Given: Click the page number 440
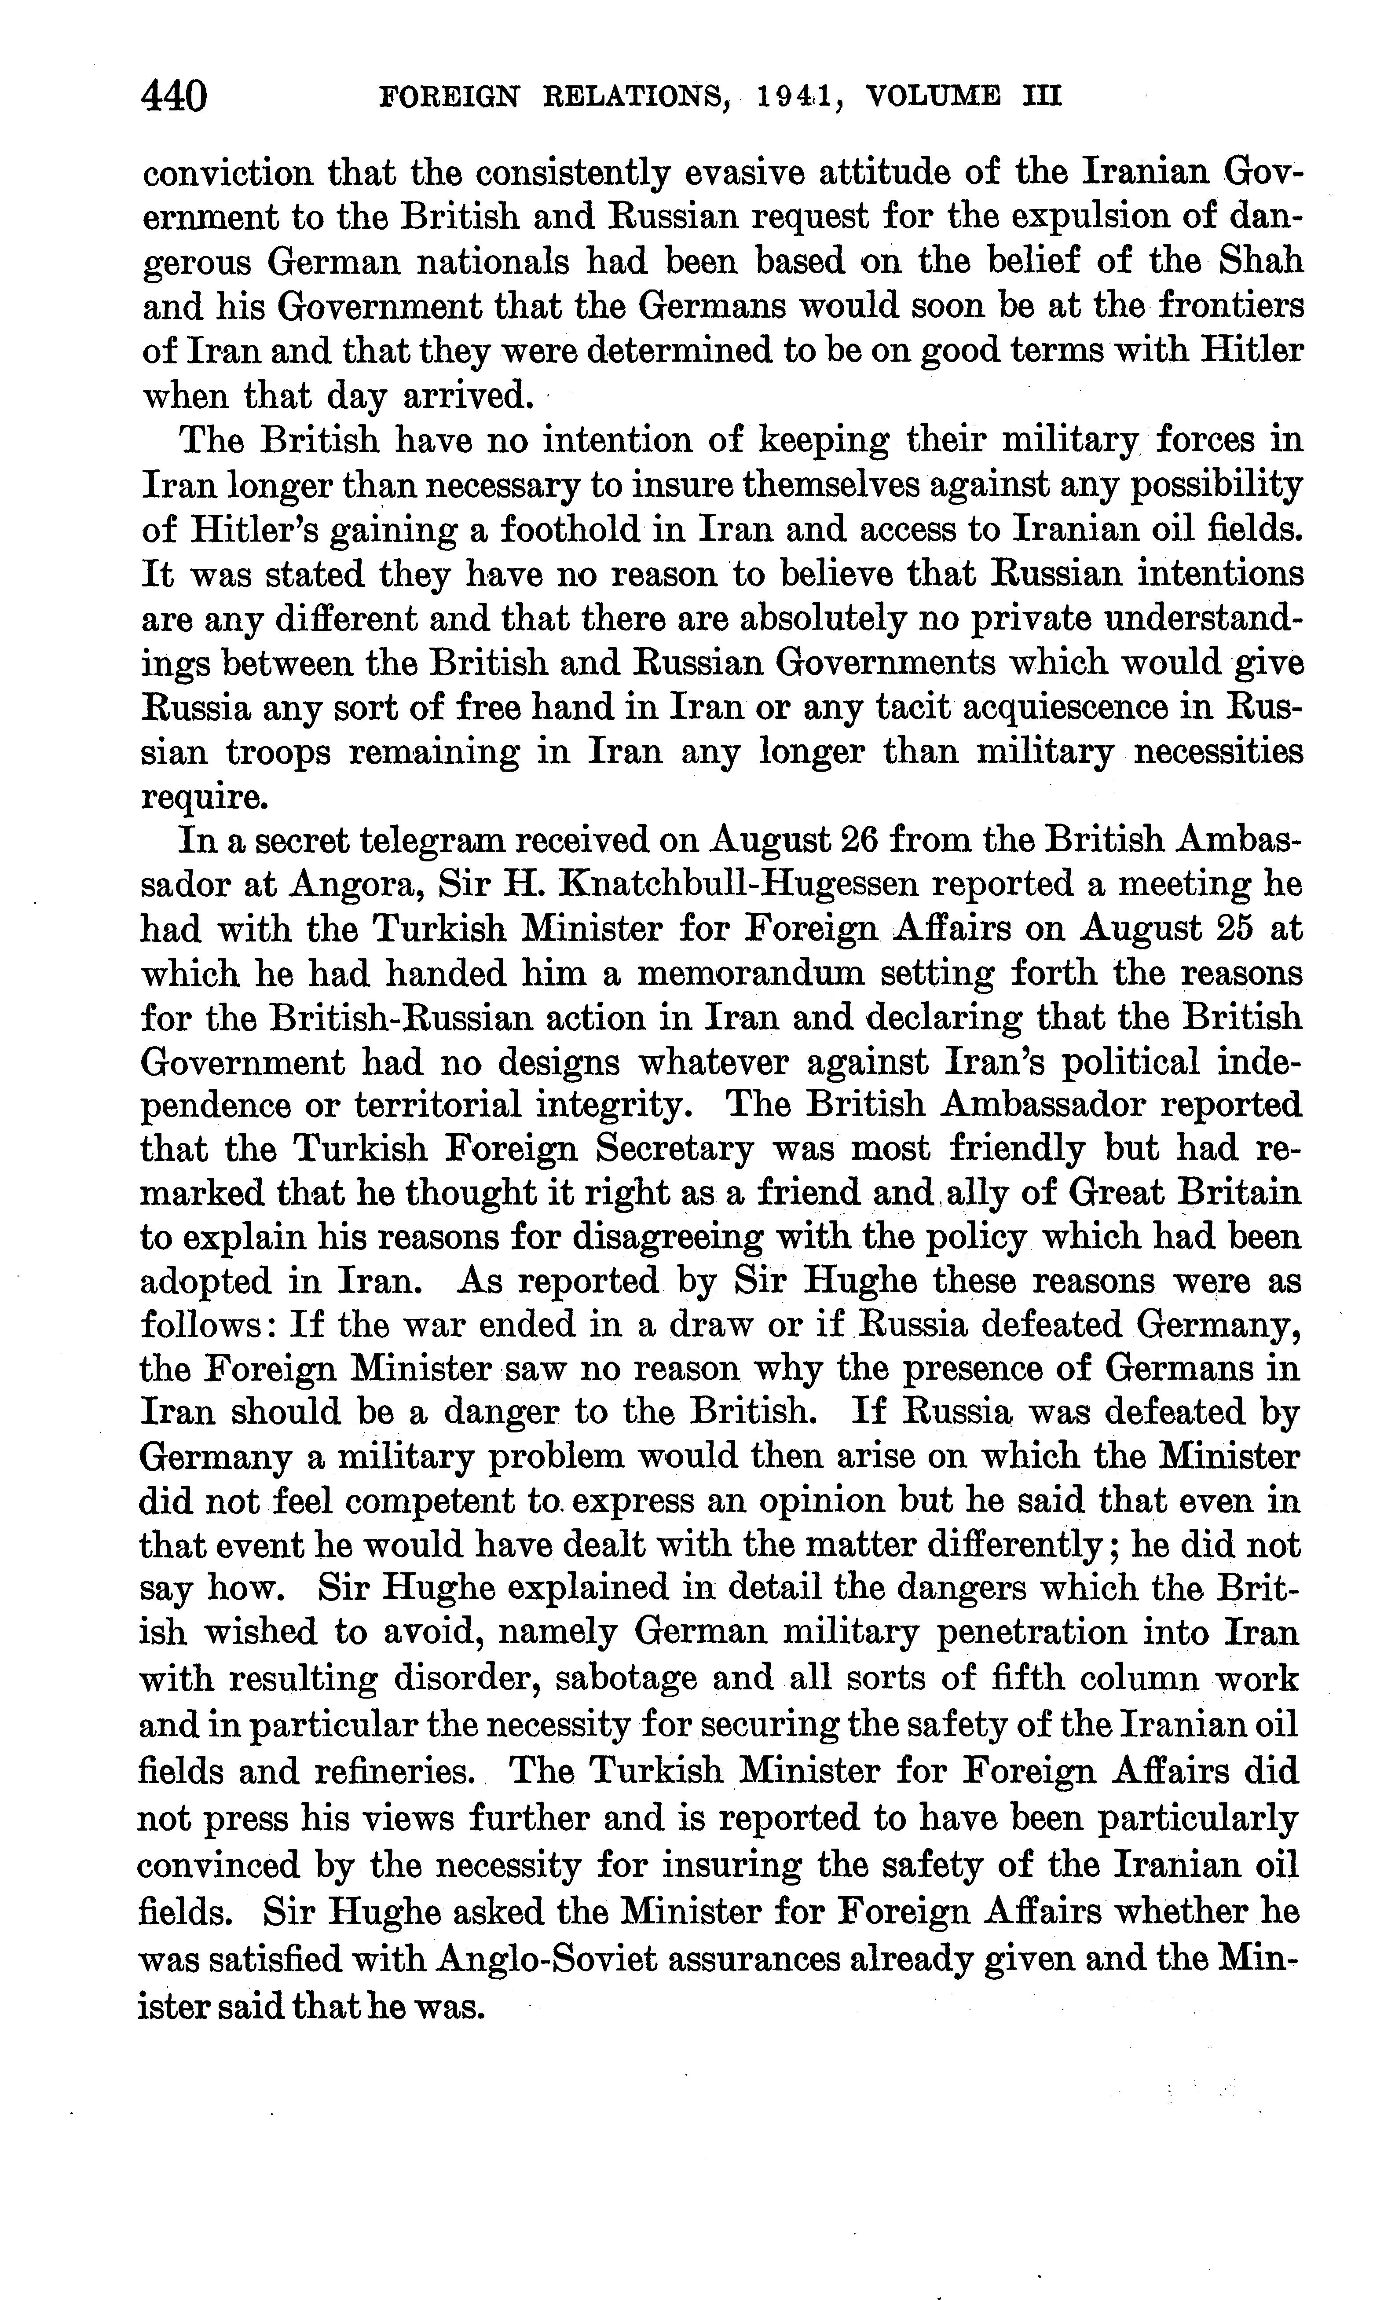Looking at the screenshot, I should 173,96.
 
